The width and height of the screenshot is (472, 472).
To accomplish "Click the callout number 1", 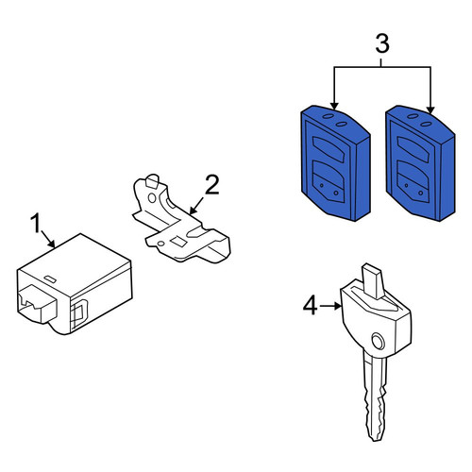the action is pos(36,223).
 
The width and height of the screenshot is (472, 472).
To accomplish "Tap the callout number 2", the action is pos(211,185).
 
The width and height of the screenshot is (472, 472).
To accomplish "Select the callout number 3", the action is pos(382,43).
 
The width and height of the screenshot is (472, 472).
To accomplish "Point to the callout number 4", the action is pos(311,306).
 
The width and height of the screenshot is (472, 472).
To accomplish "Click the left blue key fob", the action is pos(335,163).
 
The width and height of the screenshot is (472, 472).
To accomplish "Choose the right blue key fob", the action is pos(420,163).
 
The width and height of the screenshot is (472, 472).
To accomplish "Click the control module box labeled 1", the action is pos(75,284).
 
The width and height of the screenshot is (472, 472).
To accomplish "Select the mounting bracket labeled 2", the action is pos(181,219).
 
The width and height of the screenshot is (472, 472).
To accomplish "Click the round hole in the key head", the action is pos(378,341).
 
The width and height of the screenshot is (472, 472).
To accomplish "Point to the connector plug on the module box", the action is pos(37,303).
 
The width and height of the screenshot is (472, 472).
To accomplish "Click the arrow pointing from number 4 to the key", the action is pos(330,306).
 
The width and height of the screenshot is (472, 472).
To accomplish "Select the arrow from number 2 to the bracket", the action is pos(196,206).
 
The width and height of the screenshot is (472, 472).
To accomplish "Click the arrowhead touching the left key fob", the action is pos(334,106).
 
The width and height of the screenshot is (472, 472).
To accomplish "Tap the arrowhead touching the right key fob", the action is pos(430,110).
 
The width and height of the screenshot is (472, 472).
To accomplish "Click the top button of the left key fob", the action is pos(329,149).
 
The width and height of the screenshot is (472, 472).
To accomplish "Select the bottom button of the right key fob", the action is pos(413,182).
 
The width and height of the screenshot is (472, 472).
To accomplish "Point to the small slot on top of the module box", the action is pos(50,279).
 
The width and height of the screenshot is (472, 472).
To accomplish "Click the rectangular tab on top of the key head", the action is pos(373,281).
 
